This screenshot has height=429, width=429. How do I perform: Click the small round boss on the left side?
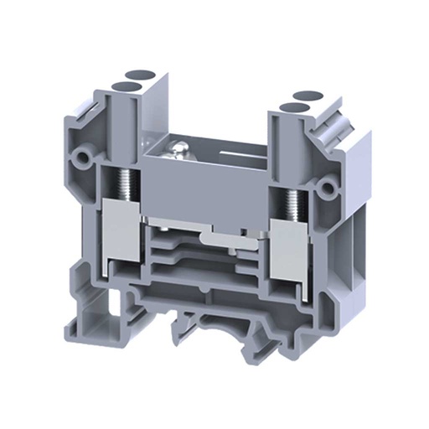point(82,156)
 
